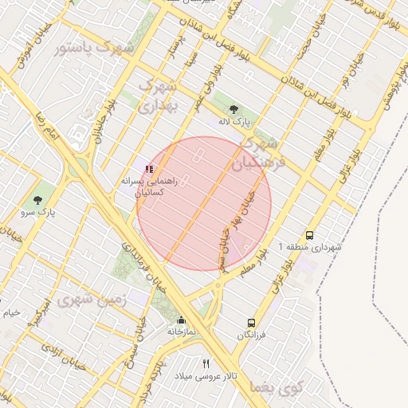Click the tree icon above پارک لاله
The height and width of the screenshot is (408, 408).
233,111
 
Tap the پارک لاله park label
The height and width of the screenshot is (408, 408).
235,124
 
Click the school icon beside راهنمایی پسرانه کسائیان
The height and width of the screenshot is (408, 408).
149,169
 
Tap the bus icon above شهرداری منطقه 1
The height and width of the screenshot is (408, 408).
309,235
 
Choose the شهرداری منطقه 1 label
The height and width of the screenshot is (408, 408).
310,247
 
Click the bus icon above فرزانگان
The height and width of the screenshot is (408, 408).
252,323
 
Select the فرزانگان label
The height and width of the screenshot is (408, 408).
252,335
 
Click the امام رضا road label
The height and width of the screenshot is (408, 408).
42,127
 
